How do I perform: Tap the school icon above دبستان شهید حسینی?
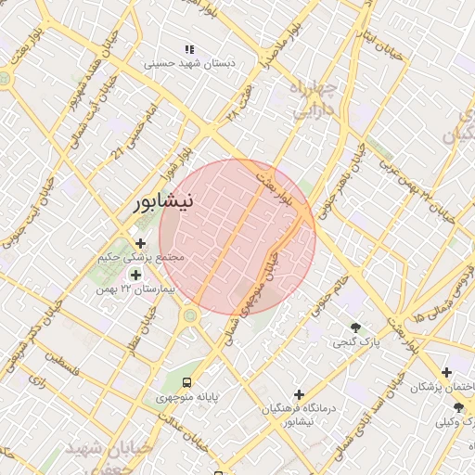coord(189,48)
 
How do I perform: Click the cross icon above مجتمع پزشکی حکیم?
coord(140,243)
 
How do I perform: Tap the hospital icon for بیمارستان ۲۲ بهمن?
coord(136,275)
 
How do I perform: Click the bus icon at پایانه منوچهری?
coord(188,381)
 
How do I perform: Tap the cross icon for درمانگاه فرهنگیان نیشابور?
coord(298,394)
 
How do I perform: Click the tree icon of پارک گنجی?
coord(355,327)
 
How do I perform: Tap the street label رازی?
coord(38,380)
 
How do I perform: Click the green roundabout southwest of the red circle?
coord(190,316)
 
